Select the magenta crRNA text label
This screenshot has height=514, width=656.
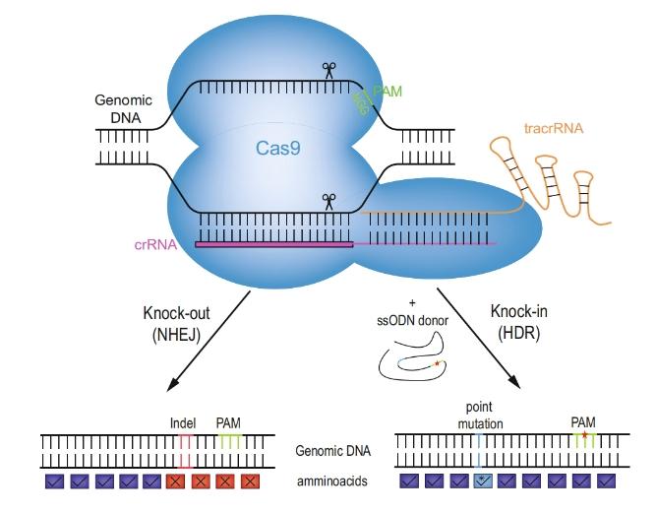click(155, 244)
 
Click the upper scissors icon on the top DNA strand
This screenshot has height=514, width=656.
click(328, 70)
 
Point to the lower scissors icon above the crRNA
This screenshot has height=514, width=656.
click(328, 201)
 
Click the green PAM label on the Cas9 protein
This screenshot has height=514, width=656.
click(387, 90)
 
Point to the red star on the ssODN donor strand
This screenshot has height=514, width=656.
click(438, 363)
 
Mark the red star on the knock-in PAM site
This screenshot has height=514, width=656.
click(584, 434)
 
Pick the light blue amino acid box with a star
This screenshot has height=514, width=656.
click(483, 482)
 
